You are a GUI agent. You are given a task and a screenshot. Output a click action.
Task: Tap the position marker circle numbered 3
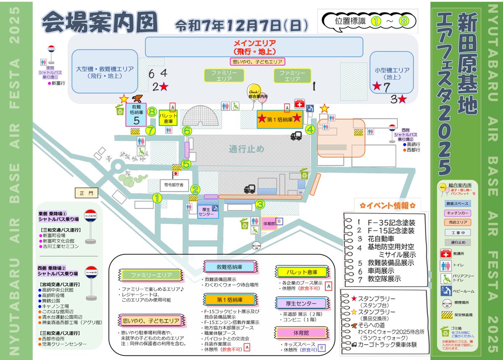260,204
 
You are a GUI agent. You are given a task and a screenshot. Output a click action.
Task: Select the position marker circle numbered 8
152,112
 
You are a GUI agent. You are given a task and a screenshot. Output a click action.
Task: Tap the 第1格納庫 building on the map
280,119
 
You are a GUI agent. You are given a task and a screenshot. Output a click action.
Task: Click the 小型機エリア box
392,74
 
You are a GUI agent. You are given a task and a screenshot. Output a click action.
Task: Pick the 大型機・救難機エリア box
104,72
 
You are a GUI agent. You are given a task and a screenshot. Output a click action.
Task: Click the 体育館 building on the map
269,224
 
